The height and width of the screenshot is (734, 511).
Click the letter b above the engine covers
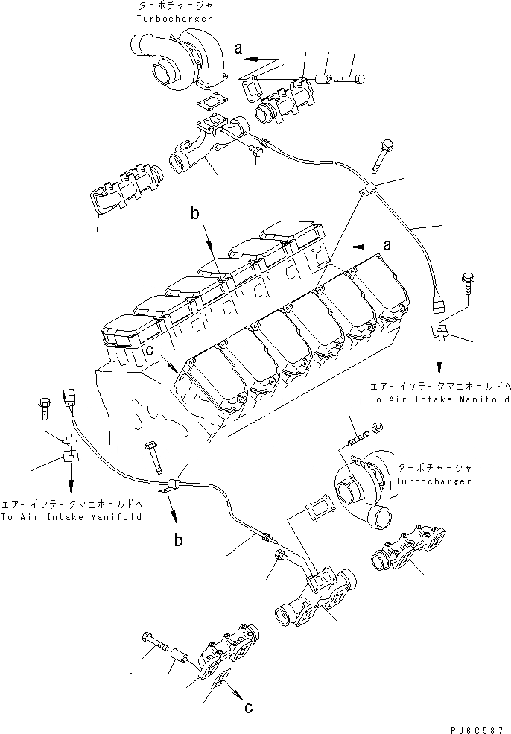[x=194, y=215]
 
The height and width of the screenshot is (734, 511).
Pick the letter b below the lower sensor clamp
[x=180, y=540]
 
